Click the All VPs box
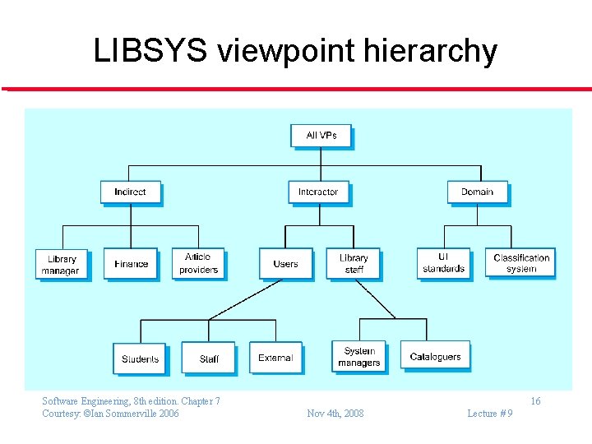pos(321,136)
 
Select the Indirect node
pos(130,192)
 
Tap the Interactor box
pos(318,192)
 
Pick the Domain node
pos(477,192)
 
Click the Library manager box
pos(61,264)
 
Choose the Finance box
pos(131,264)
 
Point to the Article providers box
pos(198,264)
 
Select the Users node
pos(285,264)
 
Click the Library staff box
pos(354,264)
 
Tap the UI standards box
pos(444,263)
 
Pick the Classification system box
pos(520,263)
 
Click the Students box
pos(140,358)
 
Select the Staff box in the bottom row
pos(209,358)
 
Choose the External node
pos(275,358)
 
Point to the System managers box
pos(359,357)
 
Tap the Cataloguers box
pos(436,357)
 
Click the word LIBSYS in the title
pos(150,51)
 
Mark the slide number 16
pos(535,401)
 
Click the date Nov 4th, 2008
pos(335,414)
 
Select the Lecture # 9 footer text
pos(489,414)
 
